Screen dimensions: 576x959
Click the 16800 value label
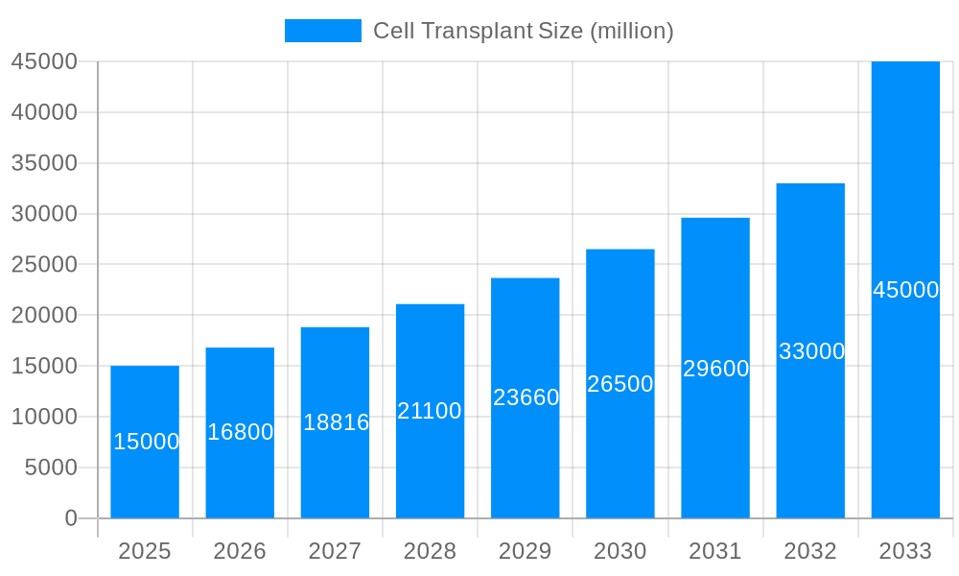(x=241, y=432)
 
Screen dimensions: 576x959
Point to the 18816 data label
(x=336, y=422)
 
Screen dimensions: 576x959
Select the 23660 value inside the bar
(x=526, y=397)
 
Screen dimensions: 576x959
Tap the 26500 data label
(x=620, y=384)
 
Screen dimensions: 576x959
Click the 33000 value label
(x=811, y=351)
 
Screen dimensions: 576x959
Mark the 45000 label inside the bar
(x=905, y=290)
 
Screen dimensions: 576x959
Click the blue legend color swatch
(x=323, y=31)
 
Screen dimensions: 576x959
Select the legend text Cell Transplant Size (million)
(x=524, y=31)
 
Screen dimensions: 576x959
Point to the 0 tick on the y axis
(x=71, y=518)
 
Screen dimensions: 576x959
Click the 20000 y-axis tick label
(x=44, y=315)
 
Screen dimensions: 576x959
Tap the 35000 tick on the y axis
(x=44, y=163)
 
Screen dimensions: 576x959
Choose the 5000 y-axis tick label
(x=50, y=468)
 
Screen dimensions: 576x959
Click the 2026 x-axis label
(x=240, y=551)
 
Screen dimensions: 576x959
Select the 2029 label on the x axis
(x=526, y=551)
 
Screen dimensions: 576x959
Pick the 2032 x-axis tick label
(x=810, y=551)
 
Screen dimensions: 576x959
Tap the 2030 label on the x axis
(x=620, y=551)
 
